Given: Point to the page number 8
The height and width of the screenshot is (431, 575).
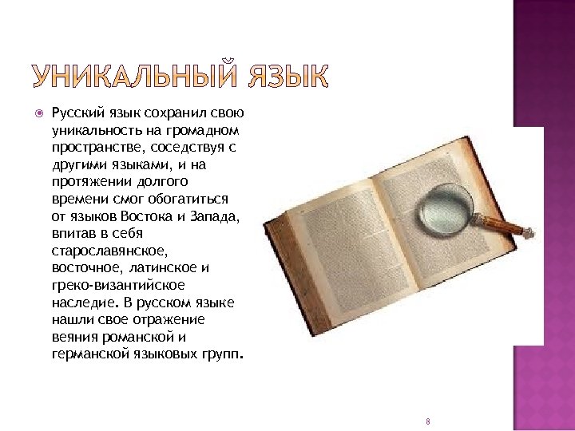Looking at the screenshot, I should (x=429, y=421).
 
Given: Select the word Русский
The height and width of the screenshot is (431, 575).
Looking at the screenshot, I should (x=73, y=114).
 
